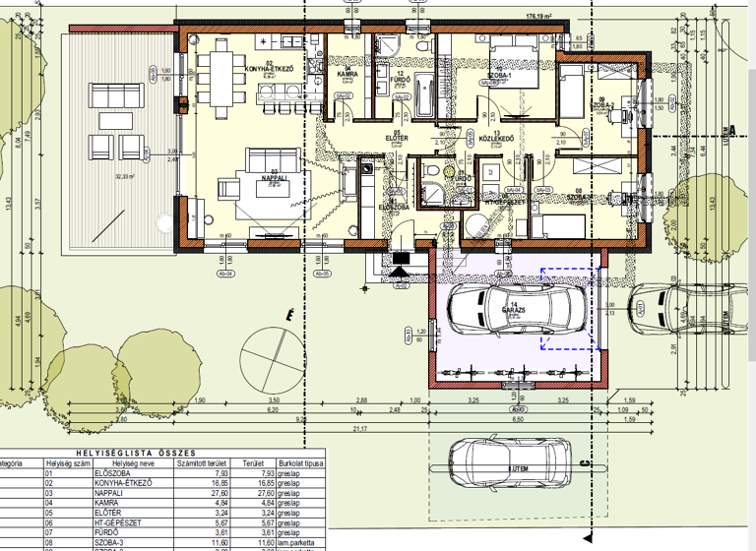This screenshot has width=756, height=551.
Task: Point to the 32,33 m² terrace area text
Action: pos(125,177)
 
